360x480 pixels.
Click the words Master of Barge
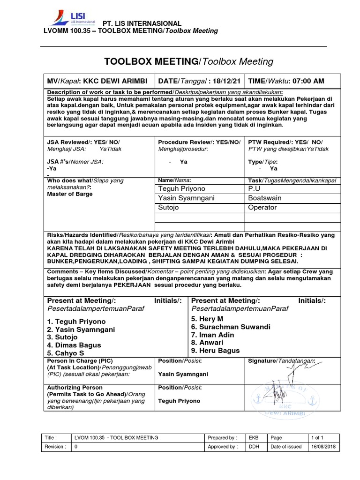pos(70,194)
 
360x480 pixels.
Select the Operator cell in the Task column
pos(262,207)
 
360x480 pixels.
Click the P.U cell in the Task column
pos(254,188)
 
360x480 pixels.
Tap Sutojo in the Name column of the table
pos(168,207)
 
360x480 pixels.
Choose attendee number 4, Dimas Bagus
pos(74,345)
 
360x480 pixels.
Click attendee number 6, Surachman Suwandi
pos(230,327)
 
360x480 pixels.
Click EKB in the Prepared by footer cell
pos(254,437)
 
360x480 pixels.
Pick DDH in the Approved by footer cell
pos(254,447)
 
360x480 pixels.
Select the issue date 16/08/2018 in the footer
pos(323,447)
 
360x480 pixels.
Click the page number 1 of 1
pos(317,437)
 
